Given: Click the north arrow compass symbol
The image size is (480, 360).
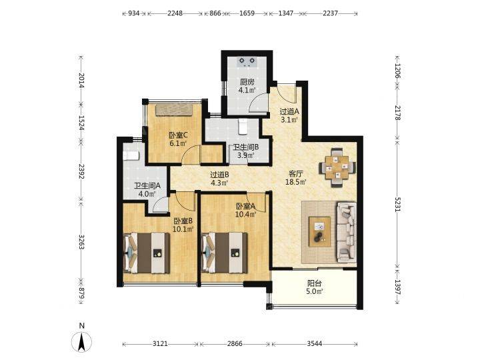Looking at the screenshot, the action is coord(81,341).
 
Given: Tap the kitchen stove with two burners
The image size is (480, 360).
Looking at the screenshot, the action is coord(247,62).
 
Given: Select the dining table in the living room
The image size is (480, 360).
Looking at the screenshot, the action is coord(337,167).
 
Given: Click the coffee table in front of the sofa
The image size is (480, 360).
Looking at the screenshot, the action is coord(319,232).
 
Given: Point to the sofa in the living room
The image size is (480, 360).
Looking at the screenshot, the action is coord(346,232).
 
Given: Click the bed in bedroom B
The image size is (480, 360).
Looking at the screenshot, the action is coord(146,253).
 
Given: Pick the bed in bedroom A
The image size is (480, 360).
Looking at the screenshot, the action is coord(225,253).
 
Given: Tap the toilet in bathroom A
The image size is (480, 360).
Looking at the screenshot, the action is coord(131,155).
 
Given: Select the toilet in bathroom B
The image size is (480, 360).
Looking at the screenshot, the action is coord(243,127).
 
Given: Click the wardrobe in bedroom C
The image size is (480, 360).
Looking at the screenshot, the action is coord(174,110).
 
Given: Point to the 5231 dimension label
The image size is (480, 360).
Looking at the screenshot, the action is coord(397,203).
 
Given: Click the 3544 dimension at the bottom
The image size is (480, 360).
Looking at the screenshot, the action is coord(315,344).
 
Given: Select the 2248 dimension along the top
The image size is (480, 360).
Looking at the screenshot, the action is coord(175,13).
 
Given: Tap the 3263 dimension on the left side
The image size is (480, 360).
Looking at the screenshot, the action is coord(81,242).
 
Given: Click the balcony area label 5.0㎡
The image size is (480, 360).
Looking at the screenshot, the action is coord(315,291).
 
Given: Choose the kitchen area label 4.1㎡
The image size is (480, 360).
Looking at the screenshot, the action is coord(247,90).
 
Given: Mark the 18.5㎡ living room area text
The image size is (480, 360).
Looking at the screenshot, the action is coord(296,183).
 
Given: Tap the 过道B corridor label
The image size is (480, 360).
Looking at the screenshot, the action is coord(219,175).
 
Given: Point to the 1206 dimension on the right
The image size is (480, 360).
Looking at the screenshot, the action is coord(397,71).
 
